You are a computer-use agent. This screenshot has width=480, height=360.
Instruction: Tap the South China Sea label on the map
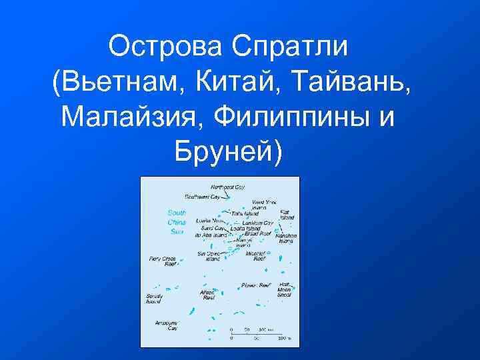coord(177,222)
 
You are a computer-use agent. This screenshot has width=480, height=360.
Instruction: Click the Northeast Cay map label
coord(227,187)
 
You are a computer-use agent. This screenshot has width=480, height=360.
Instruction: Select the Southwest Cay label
coord(203,197)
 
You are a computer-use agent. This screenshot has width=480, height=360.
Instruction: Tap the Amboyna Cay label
coord(167,325)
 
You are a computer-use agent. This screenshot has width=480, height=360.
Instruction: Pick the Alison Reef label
coord(208,295)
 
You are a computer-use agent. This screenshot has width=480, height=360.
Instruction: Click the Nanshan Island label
coord(287,238)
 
